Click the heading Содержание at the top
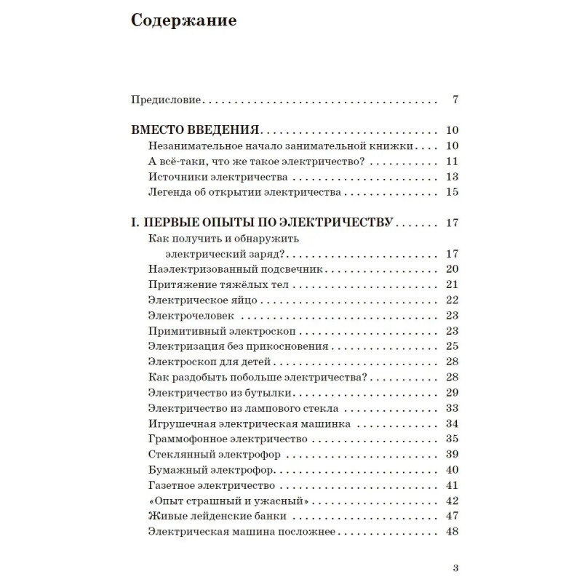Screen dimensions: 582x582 183,21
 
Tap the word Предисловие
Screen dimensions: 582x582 167,100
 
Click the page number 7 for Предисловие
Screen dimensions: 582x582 454,100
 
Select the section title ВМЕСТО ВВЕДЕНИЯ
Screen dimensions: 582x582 195,131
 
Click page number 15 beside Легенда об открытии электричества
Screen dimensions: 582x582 450,192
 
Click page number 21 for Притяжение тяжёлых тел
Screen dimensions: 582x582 450,284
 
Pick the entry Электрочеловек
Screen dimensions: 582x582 186,315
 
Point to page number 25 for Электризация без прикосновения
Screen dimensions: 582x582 450,346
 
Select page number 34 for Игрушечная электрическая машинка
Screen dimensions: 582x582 450,423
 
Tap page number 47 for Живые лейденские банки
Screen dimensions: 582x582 450,516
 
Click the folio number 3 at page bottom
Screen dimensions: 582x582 455,568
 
